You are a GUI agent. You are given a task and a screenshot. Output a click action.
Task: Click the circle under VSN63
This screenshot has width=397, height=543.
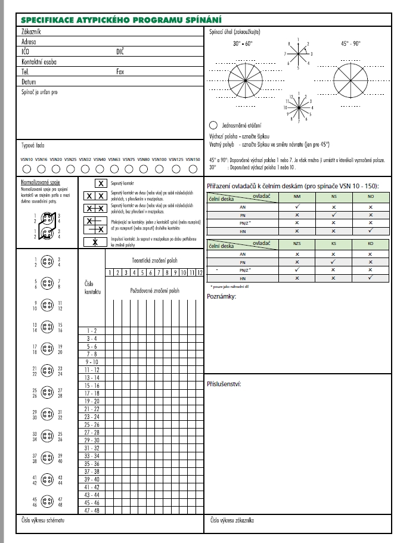pyautogui.click(x=114, y=169)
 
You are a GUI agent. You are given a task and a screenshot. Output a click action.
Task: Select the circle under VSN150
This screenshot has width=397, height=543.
pyautogui.click(x=191, y=169)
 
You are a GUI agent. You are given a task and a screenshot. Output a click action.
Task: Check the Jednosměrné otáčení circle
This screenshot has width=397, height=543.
pyautogui.click(x=213, y=126)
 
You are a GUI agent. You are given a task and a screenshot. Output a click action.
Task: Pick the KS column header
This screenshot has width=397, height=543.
pyautogui.click(x=334, y=246)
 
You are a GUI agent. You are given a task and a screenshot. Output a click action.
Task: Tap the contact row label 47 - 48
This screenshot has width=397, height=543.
pyautogui.click(x=92, y=510)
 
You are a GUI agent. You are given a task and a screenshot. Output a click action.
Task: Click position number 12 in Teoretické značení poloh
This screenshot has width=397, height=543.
pyautogui.click(x=200, y=272)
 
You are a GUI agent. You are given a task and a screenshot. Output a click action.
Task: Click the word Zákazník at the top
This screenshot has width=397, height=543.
pyautogui.click(x=31, y=30)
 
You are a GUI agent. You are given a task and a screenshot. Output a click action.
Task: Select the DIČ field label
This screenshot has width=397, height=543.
pyautogui.click(x=120, y=51)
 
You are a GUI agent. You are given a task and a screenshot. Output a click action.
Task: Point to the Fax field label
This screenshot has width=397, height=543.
pyautogui.click(x=120, y=71)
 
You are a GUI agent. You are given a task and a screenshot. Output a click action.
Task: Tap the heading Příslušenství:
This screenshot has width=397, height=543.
pyautogui.click(x=224, y=383)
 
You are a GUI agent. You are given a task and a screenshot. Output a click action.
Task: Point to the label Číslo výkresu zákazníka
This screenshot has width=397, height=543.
pyautogui.click(x=233, y=520)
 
